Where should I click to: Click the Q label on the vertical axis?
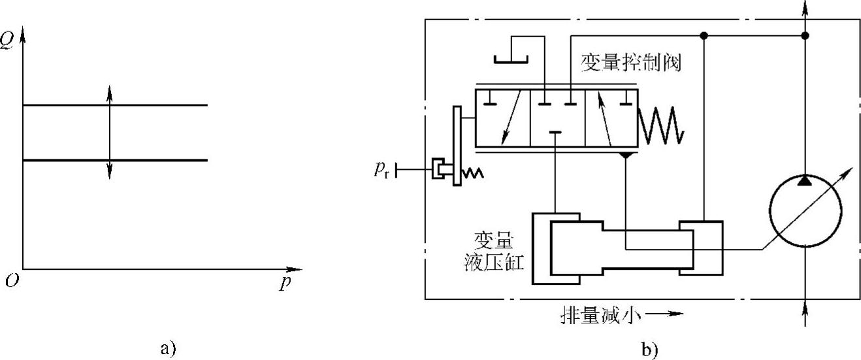[x=7, y=29]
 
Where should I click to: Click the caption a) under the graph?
[x=167, y=347]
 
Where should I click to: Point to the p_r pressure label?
[x=383, y=171]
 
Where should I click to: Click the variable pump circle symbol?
[x=805, y=210]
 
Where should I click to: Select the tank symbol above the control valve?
[x=515, y=59]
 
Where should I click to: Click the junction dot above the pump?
[x=805, y=35]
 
